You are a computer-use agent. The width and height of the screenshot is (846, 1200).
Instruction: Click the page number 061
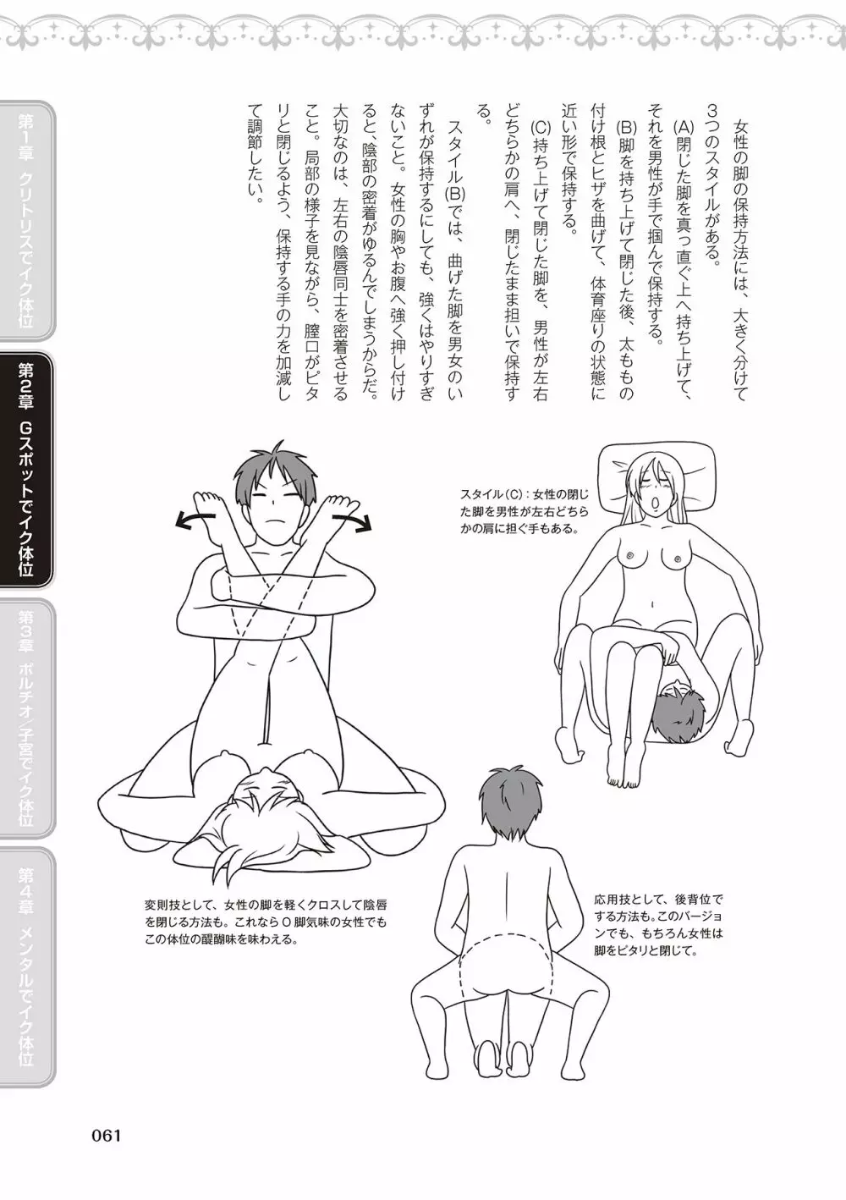(x=107, y=1135)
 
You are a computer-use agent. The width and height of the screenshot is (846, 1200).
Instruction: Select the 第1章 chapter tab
(x=27, y=221)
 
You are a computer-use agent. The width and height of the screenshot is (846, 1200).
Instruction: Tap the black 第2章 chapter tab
(x=27, y=469)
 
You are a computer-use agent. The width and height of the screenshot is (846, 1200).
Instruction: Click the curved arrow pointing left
(x=195, y=519)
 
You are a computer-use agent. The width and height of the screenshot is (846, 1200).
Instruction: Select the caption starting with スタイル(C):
(x=525, y=512)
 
